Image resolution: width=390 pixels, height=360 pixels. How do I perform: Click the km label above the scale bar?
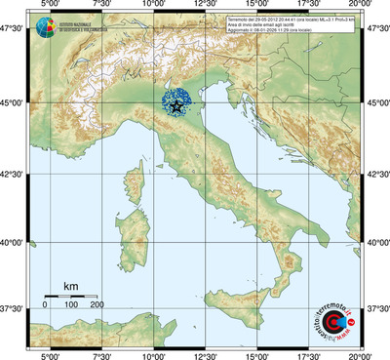click(70, 286)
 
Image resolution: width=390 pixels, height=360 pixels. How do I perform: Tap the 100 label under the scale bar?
click(70, 305)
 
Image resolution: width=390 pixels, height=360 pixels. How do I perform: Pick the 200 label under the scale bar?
click(97, 305)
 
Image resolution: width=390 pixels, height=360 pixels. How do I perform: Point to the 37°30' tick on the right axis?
click(376, 308)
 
